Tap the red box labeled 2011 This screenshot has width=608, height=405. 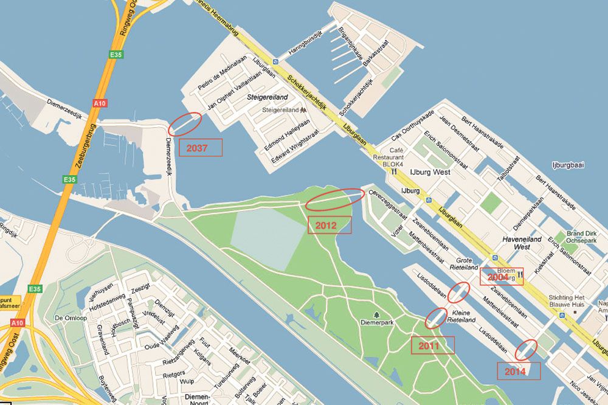pyautogui.click(x=433, y=345)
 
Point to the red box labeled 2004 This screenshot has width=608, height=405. pyautogui.click(x=501, y=277)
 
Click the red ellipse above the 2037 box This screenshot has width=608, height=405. pyautogui.click(x=185, y=123)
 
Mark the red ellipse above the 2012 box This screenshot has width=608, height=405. pyautogui.click(x=335, y=199)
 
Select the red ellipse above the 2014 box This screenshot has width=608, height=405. pyautogui.click(x=527, y=349)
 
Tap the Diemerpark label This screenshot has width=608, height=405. pyautogui.click(x=378, y=322)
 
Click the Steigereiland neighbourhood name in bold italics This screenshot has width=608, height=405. pyautogui.click(x=268, y=97)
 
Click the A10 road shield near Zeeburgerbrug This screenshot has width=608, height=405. pyautogui.click(x=99, y=103)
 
